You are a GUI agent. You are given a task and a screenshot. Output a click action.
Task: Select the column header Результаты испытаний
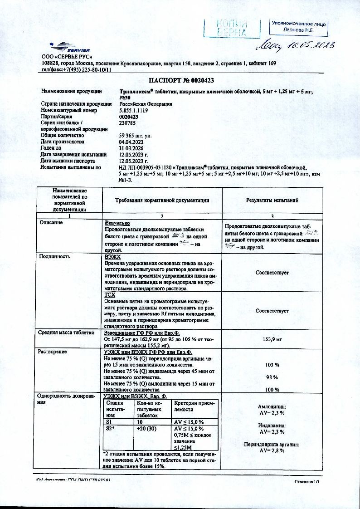(272, 200)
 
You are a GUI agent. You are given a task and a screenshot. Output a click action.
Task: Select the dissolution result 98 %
(272, 377)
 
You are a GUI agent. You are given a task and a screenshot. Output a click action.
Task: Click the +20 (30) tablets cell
(146, 429)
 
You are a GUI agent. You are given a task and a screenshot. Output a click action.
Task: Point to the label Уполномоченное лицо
(299, 23)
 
